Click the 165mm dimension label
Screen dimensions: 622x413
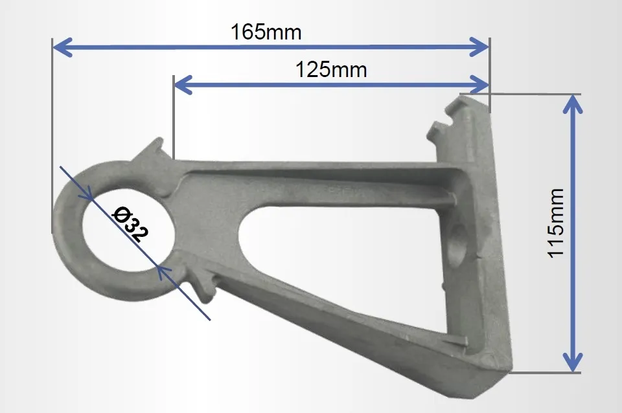click(x=266, y=32)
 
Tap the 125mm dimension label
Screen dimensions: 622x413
click(x=331, y=70)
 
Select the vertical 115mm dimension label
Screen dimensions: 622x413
click(x=556, y=223)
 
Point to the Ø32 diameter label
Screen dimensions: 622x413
click(x=130, y=225)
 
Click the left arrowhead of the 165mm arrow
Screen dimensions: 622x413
click(x=63, y=47)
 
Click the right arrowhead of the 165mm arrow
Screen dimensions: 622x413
click(x=479, y=47)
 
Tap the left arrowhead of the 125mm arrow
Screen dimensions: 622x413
click(x=183, y=85)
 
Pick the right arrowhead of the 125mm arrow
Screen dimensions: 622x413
click(x=479, y=85)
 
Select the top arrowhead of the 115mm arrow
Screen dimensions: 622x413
click(x=573, y=104)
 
